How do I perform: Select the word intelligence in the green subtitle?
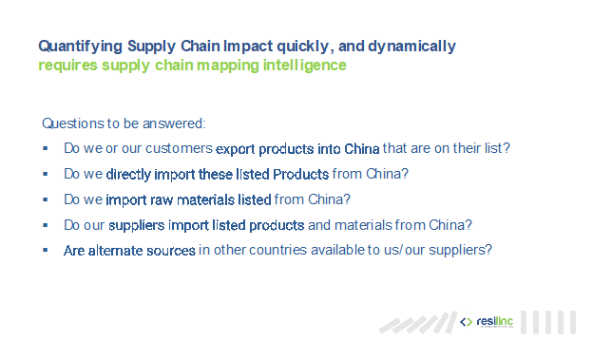(x=303, y=66)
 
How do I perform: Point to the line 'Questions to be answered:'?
(x=124, y=124)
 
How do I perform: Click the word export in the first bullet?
(x=235, y=149)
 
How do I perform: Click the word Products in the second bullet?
(x=300, y=175)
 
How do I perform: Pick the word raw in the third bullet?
(x=160, y=199)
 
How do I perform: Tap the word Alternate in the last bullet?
(x=112, y=250)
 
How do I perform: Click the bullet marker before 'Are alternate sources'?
(x=46, y=250)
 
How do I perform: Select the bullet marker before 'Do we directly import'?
(x=46, y=175)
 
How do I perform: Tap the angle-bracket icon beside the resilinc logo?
(x=466, y=323)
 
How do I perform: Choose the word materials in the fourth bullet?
(x=367, y=225)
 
